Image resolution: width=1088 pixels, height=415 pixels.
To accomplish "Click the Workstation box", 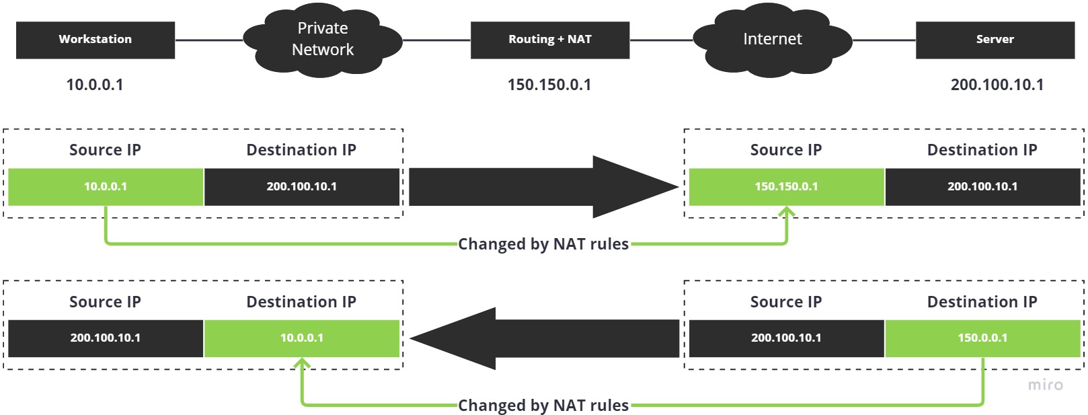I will click(x=95, y=40).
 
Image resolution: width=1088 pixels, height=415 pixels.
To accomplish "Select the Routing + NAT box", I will click(x=550, y=40).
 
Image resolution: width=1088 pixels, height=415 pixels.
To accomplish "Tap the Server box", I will click(x=995, y=40).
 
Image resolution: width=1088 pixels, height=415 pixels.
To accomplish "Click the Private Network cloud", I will click(x=323, y=40).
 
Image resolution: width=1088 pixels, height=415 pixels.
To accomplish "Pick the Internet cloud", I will click(x=772, y=40).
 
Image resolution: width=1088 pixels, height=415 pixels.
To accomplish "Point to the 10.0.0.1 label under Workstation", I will click(x=95, y=85).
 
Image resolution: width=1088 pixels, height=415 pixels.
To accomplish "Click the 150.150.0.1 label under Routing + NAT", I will click(x=549, y=85).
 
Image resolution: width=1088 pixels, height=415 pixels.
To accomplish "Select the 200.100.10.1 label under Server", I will click(x=997, y=85).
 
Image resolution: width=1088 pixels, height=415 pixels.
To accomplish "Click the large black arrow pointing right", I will click(x=538, y=187).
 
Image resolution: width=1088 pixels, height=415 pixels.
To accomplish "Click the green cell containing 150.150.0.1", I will click(x=786, y=187).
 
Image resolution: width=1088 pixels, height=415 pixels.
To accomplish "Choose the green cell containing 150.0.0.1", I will click(x=982, y=338).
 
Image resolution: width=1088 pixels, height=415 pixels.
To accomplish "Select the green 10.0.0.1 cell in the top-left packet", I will click(x=106, y=187).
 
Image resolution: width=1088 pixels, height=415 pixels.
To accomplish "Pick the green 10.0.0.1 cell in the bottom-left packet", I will click(x=302, y=338).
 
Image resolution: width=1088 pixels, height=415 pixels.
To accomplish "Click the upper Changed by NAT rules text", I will click(x=543, y=244).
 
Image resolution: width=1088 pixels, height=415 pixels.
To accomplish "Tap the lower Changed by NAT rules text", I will click(x=543, y=406).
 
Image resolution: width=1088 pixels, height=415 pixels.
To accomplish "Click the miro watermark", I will click(x=1046, y=385).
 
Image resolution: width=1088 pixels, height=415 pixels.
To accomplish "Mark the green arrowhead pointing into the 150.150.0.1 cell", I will click(x=787, y=213).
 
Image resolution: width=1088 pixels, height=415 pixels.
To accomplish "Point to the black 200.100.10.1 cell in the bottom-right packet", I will click(x=786, y=338).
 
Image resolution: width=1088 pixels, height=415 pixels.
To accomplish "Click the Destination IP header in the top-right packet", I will click(x=982, y=150).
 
